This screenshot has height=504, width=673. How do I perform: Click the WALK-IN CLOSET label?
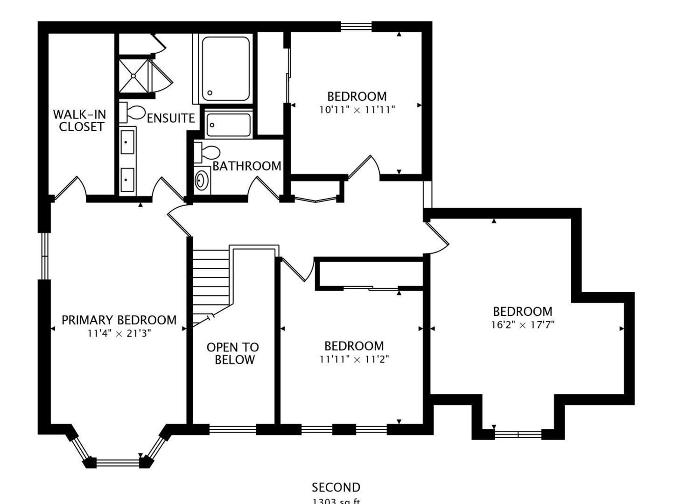coord(79,120)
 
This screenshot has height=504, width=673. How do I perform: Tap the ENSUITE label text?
coord(171,119)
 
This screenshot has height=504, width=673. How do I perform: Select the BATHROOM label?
coord(247,166)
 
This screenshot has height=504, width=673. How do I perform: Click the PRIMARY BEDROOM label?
coord(119,320)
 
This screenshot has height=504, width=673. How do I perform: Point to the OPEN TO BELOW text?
coord(233,353)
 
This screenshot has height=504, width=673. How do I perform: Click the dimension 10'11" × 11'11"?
coord(357,110)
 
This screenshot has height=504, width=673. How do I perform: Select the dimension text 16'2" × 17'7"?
coord(522,325)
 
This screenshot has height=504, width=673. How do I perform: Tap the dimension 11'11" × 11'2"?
coord(354,359)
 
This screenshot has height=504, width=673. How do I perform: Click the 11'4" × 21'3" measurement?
coord(119,334)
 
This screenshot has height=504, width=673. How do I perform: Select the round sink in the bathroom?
coord(202,180)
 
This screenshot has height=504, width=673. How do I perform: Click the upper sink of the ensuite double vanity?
coord(127,142)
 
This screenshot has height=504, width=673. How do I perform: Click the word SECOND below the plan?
coord(336,488)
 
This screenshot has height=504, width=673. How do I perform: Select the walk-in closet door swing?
coord(70,189)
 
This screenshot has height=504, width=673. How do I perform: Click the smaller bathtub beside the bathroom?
coord(229,125)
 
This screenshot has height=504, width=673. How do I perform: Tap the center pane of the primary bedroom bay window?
coord(118,462)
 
